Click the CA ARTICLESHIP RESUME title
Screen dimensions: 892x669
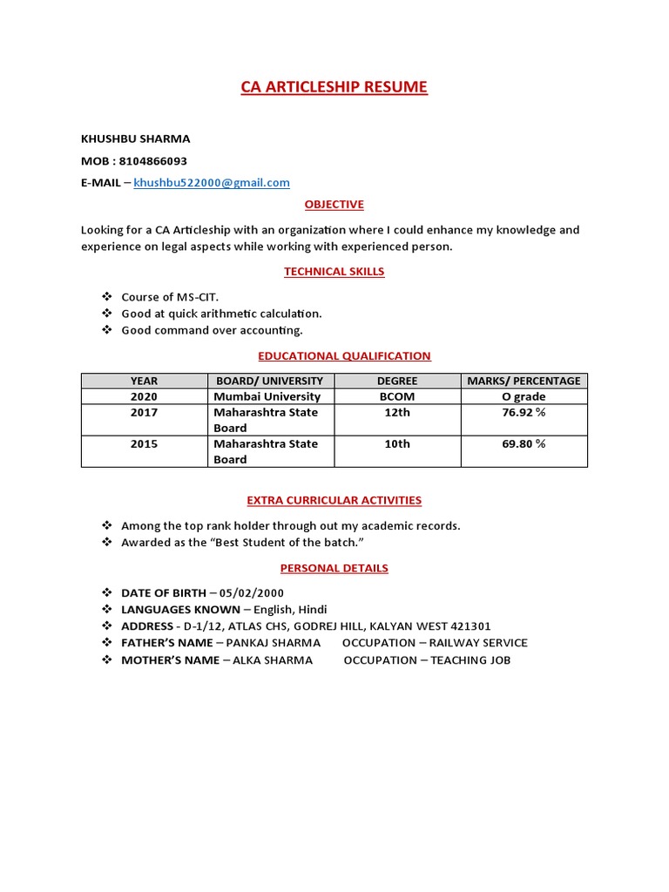(x=334, y=87)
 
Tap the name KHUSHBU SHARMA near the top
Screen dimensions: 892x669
(x=135, y=139)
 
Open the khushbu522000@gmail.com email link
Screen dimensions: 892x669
(x=212, y=183)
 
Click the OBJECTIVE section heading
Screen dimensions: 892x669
(x=334, y=205)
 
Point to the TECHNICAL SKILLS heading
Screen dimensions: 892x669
(x=334, y=272)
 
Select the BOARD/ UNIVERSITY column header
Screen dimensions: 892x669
(x=271, y=381)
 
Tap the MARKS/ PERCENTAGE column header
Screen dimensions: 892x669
(x=524, y=381)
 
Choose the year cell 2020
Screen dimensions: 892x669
(x=144, y=396)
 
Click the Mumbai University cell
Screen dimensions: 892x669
(x=267, y=396)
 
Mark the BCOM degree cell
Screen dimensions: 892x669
(x=397, y=396)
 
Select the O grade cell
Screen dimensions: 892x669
(x=524, y=396)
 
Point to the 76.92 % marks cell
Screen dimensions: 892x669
(x=524, y=412)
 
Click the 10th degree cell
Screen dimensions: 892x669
(x=397, y=443)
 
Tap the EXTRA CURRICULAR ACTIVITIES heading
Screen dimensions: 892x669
(x=334, y=500)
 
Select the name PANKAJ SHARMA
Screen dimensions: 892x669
(x=274, y=643)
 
